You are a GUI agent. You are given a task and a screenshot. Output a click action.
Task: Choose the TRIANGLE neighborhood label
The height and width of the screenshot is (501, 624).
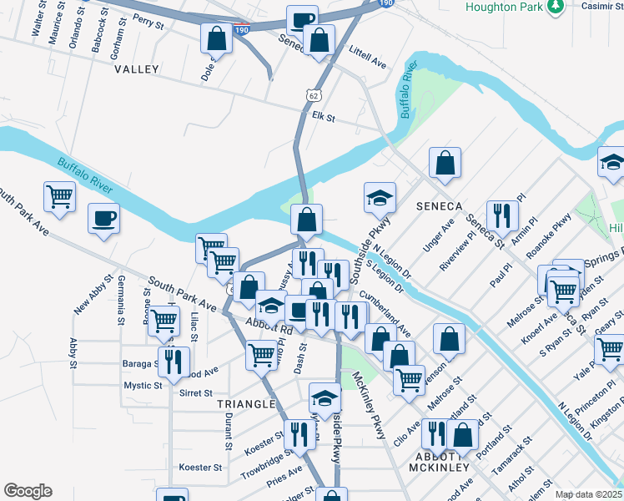pyautogui.click(x=246, y=404)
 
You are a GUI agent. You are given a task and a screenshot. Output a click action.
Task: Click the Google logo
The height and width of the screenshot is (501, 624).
pyautogui.click(x=28, y=491)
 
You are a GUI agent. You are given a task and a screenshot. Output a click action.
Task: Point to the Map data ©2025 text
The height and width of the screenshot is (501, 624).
pyautogui.click(x=589, y=494)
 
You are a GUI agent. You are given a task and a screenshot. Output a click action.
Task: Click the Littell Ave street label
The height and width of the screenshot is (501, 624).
pyautogui.click(x=368, y=56)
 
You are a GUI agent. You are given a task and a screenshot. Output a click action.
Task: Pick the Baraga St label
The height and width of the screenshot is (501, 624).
pyautogui.click(x=139, y=364)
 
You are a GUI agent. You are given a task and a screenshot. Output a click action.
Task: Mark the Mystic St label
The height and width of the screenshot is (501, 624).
pyautogui.click(x=143, y=386)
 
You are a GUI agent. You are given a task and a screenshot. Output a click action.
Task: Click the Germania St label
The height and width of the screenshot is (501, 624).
pyautogui.click(x=121, y=299)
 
